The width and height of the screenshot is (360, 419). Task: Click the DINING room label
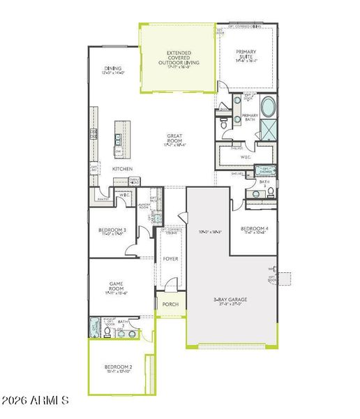pyautogui.click(x=112, y=68)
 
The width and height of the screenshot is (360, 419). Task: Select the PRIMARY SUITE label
pyautogui.click(x=246, y=54)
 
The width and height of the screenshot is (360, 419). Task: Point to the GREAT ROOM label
pyautogui.click(x=174, y=138)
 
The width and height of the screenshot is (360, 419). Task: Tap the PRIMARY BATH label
pyautogui.click(x=250, y=117)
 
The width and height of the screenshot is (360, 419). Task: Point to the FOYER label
pyautogui.click(x=170, y=258)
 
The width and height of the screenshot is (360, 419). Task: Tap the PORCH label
pyautogui.click(x=170, y=304)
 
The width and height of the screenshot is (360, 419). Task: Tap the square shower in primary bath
pyautogui.click(x=268, y=131)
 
